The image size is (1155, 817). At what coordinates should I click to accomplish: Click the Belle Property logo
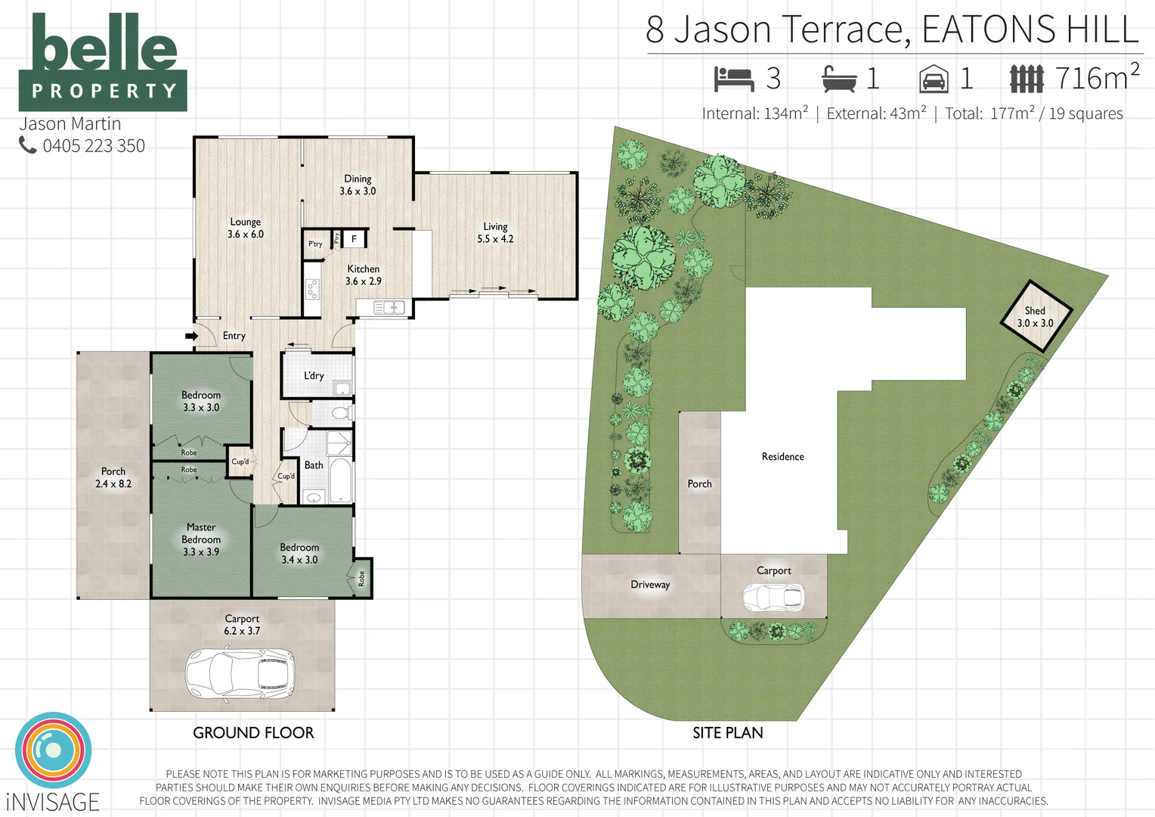point(103,63)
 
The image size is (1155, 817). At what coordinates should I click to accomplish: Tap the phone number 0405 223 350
point(93,146)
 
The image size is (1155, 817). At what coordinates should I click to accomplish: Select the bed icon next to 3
point(734,79)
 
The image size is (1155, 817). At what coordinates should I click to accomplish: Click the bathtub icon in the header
point(839,79)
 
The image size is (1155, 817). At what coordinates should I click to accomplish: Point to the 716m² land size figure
point(1096,77)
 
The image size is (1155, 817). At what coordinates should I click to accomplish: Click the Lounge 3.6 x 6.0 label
point(246,228)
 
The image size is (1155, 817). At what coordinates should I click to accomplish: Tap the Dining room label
point(358,185)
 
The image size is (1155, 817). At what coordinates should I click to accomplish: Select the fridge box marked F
point(354,239)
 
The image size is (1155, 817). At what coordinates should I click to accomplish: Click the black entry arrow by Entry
point(191,336)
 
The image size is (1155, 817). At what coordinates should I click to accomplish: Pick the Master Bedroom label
point(201,539)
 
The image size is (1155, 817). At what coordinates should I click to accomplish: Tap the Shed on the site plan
point(1035,316)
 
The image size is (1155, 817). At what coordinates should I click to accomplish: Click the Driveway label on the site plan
point(650,585)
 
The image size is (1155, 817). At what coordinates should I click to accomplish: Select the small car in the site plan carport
point(773,598)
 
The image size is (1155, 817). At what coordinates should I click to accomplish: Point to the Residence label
point(782,457)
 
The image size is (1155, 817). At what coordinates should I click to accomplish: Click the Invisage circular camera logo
point(53,750)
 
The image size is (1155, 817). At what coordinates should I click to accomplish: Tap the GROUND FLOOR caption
point(253,732)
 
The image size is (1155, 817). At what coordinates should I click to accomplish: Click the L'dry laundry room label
point(314,376)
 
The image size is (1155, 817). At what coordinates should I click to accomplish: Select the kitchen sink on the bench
point(389,307)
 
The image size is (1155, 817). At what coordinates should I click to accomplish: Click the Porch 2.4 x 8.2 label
point(113,477)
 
